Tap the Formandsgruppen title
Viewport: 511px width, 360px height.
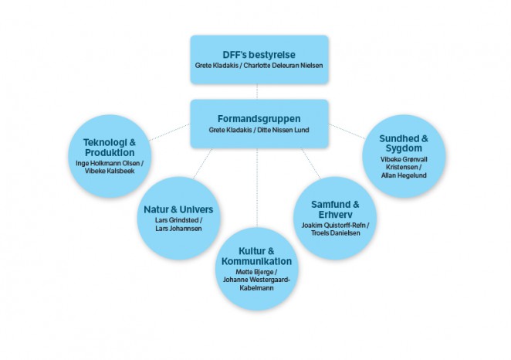tap(259, 118)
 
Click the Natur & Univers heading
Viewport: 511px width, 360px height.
tap(178, 209)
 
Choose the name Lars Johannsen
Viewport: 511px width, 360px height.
tap(178, 229)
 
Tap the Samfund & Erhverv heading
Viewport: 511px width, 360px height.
tap(335, 209)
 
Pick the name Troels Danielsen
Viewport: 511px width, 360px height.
tap(335, 233)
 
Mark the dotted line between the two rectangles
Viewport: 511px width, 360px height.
tap(258, 91)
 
